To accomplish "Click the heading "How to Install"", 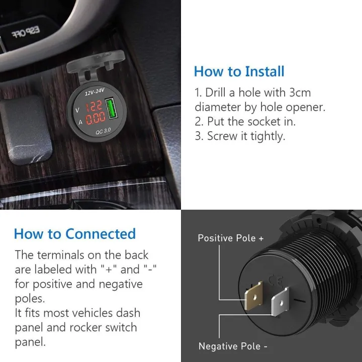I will (239, 71).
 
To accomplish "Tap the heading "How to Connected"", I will (75, 234).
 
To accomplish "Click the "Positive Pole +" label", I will (231, 238).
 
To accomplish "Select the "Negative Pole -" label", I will (233, 346).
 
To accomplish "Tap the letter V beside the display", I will (77, 110).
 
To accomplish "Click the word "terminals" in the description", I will (66, 255).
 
